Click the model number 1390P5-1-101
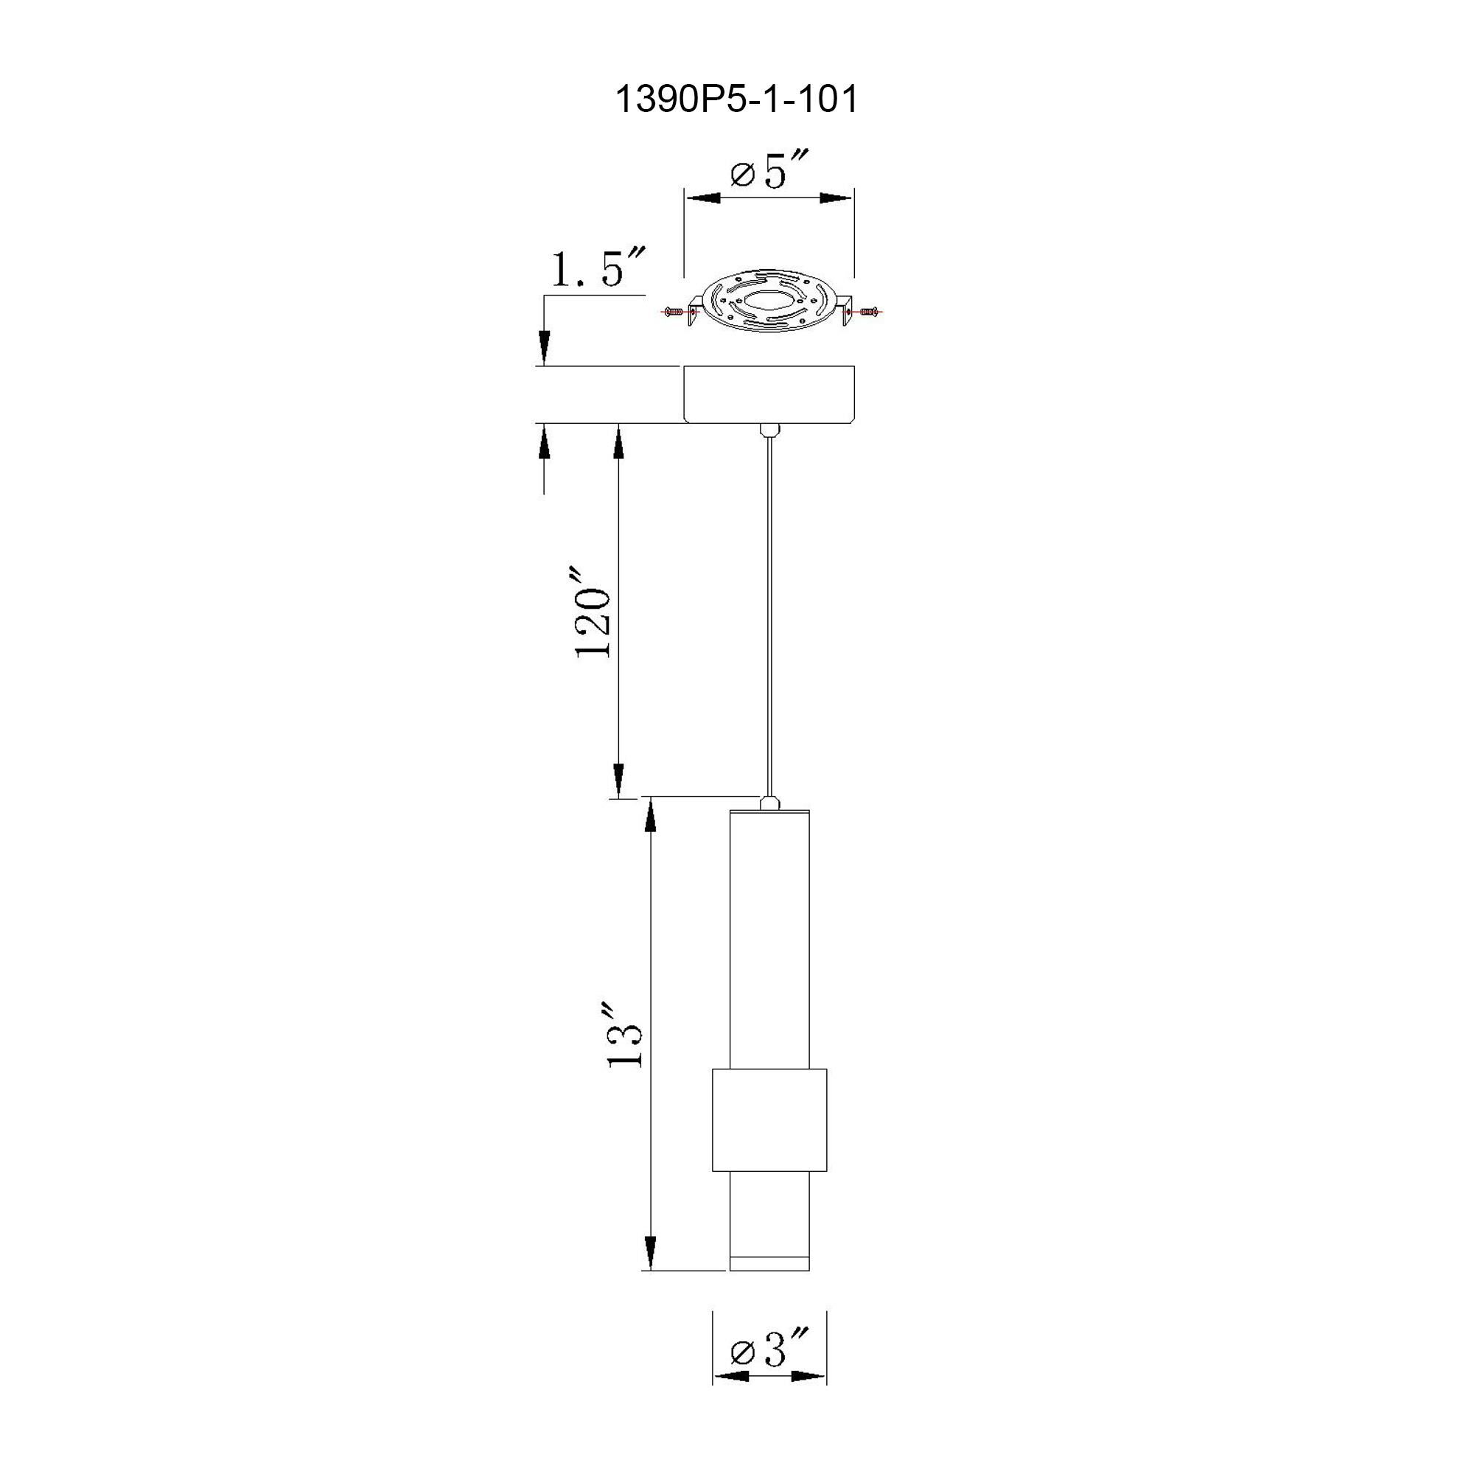[736, 100]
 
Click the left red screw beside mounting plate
[673, 312]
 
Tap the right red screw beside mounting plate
[867, 312]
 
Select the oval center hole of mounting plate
[769, 304]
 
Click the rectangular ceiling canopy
[768, 394]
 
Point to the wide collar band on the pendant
[769, 1120]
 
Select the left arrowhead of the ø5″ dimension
[703, 198]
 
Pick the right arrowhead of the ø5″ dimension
[836, 198]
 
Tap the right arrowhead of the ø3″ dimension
[808, 1377]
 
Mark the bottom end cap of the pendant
[769, 1264]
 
